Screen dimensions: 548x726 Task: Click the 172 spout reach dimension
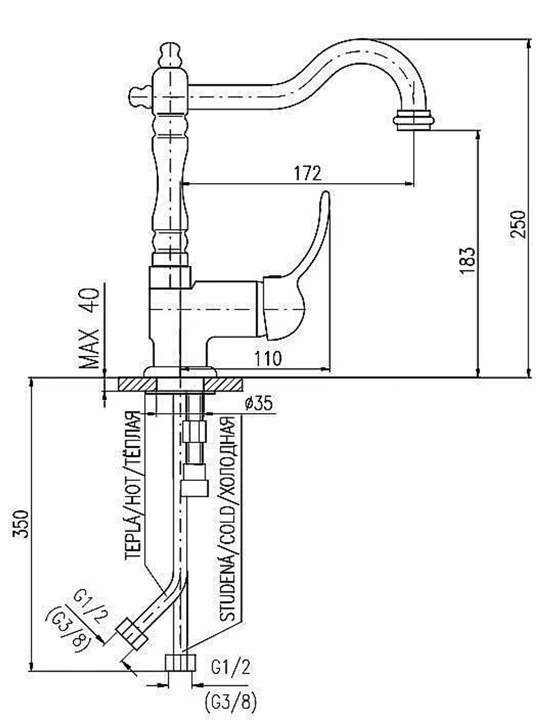307,173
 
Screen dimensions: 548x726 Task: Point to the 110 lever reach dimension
268,358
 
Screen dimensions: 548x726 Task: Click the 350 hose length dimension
20,524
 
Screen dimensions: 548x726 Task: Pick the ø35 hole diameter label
259,403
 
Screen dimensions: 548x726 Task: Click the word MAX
90,348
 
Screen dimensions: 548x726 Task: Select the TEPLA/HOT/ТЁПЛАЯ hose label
134,486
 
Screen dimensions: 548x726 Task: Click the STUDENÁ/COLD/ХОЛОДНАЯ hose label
227,521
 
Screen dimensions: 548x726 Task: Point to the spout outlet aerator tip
414,121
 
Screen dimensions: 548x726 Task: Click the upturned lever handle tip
326,195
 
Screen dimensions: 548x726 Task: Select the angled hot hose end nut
132,634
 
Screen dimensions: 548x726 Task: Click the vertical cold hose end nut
180,662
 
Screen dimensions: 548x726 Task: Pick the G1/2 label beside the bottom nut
231,666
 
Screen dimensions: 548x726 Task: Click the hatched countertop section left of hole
137,384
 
